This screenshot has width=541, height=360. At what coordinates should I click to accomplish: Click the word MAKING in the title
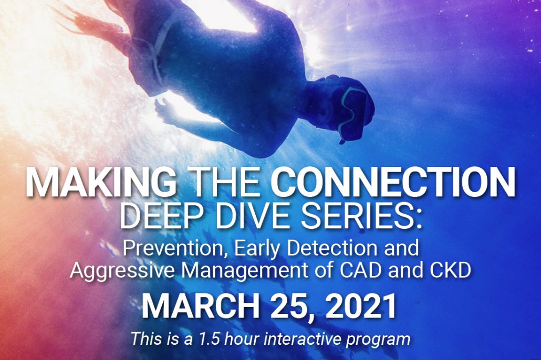click(100, 182)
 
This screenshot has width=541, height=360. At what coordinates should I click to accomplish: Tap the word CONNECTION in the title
click(393, 182)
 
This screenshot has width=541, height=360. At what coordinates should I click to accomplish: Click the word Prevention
click(175, 248)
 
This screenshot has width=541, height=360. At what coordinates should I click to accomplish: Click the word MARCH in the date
click(201, 306)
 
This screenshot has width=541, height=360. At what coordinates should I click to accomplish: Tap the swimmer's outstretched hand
click(165, 110)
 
